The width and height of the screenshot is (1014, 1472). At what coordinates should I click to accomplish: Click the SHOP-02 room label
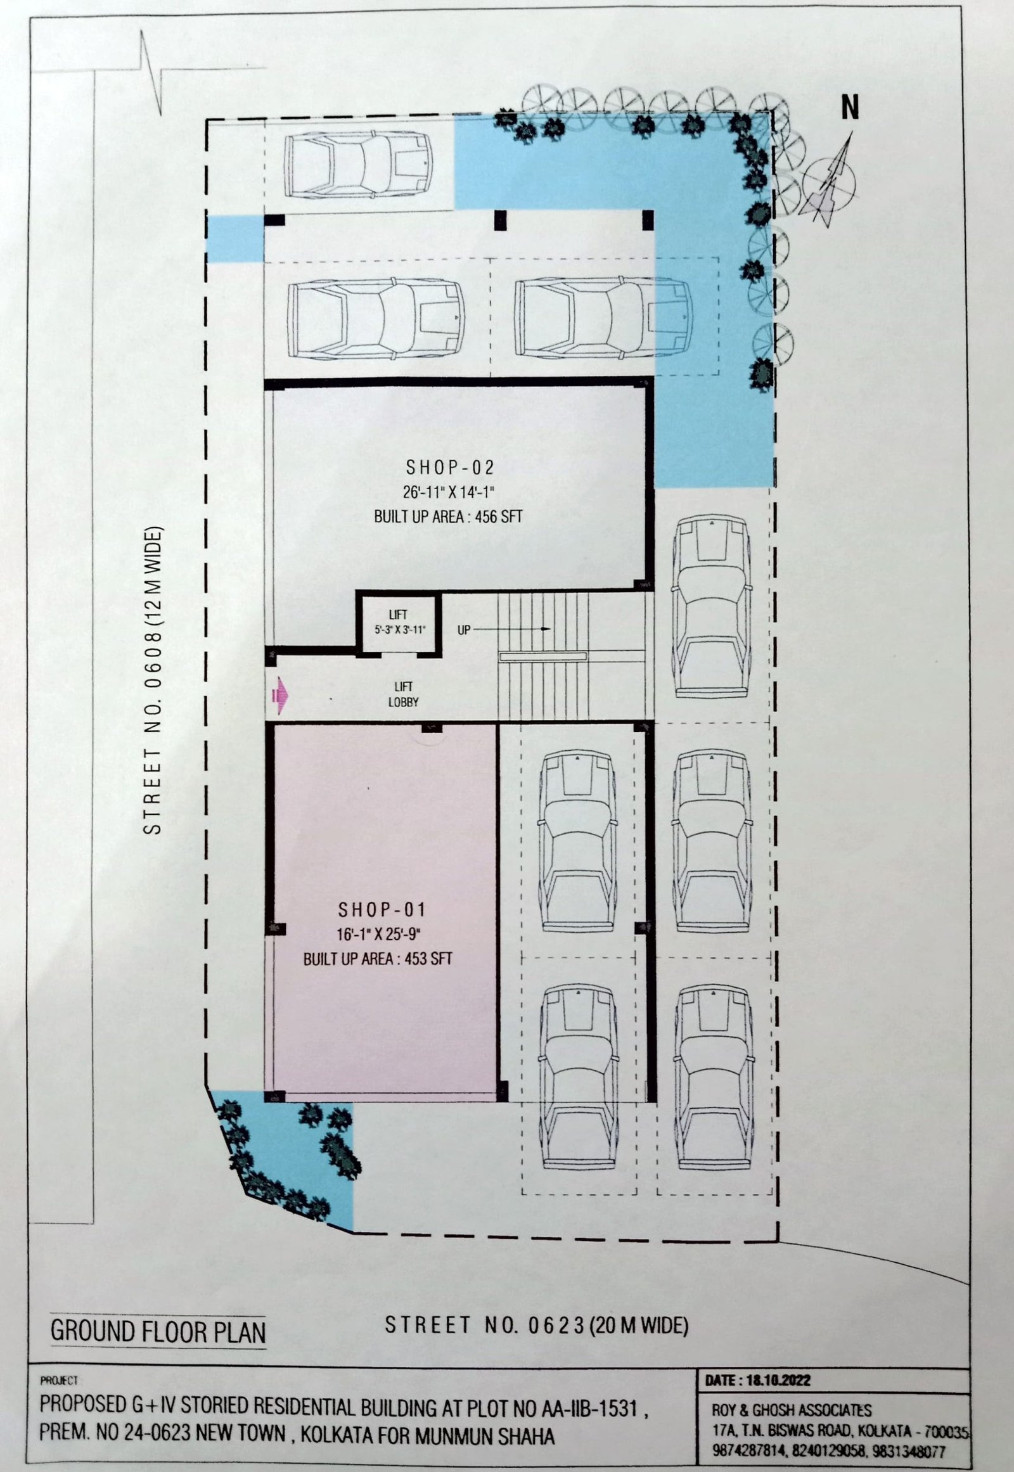point(450,468)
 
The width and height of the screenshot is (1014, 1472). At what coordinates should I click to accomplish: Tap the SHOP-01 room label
point(382,910)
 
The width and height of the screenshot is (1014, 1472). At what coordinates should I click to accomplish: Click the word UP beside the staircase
point(464,630)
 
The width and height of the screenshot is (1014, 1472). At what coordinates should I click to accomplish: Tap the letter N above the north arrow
point(850,106)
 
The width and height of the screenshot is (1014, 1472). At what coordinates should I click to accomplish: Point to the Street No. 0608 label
point(153,680)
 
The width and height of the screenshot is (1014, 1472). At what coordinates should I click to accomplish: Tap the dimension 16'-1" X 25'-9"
point(379,935)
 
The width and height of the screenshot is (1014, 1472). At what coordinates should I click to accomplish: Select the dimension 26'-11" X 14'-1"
point(449,492)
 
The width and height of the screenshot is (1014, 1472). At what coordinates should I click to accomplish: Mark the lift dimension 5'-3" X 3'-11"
point(399,630)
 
